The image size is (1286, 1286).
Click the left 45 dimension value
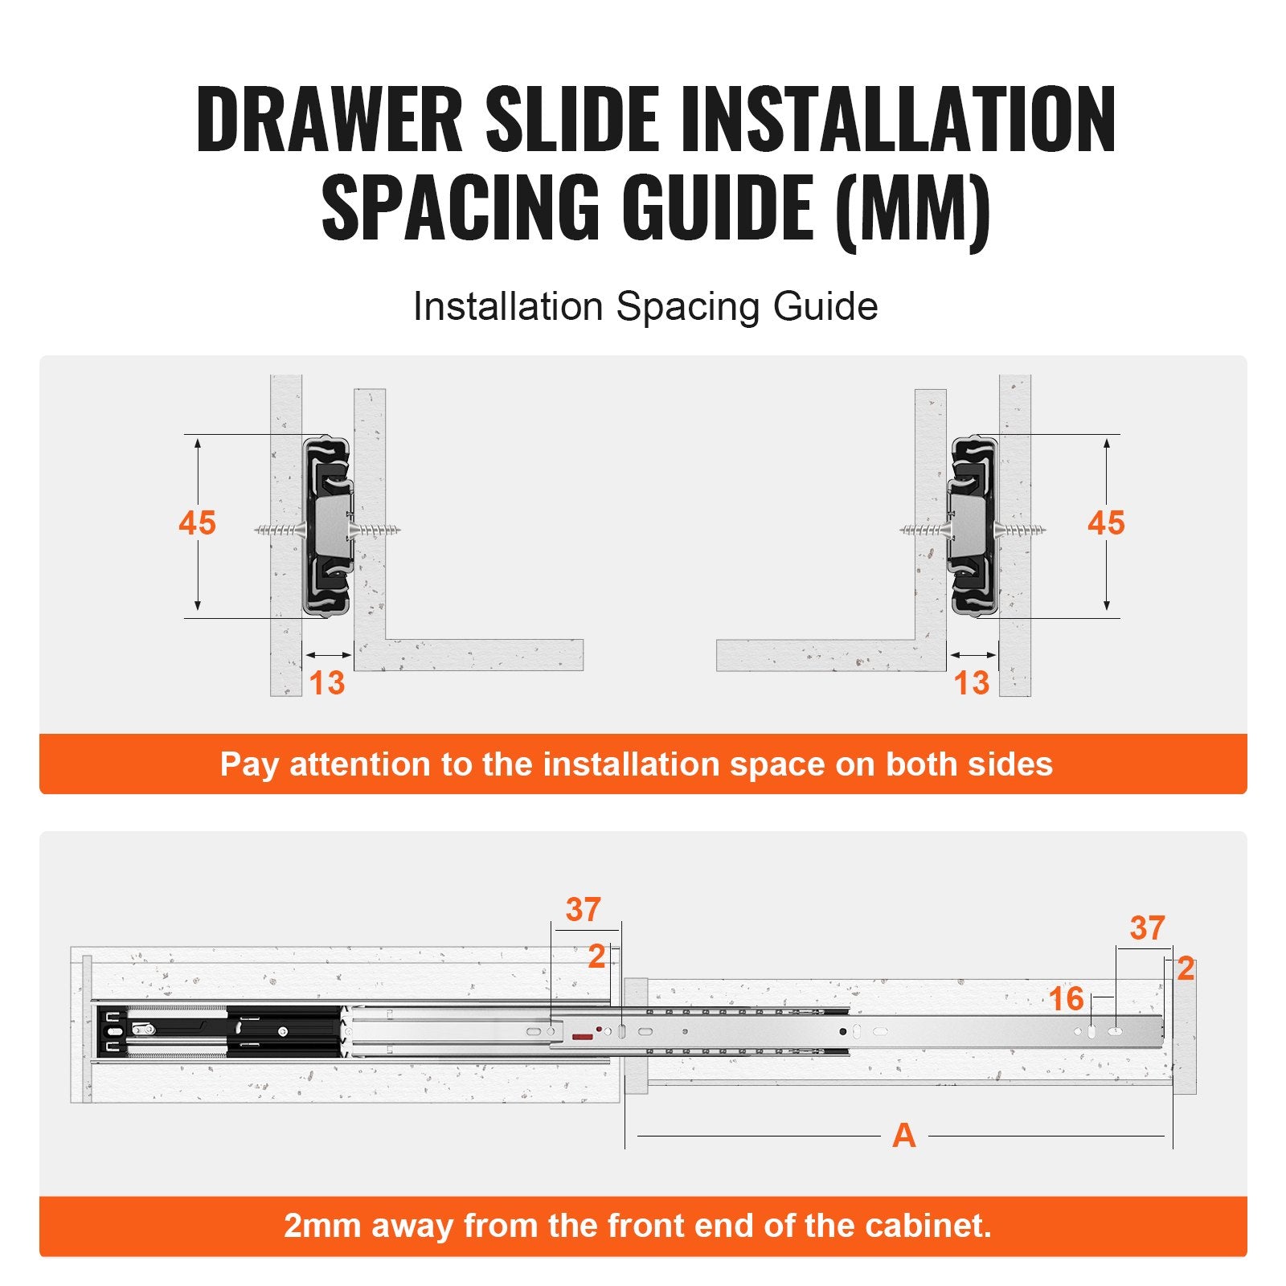click(x=197, y=523)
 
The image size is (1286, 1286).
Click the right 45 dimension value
click(x=1106, y=523)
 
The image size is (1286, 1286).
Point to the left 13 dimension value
click(x=326, y=683)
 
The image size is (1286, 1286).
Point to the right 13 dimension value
click(x=971, y=683)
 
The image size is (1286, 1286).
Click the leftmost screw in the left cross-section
click(x=278, y=530)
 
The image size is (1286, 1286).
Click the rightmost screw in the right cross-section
click(x=1025, y=530)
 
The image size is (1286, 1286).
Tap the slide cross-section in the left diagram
click(x=328, y=526)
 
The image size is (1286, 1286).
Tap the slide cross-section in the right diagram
click(x=973, y=526)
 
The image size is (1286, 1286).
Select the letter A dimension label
click(x=903, y=1136)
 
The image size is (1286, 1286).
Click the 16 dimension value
click(x=1066, y=999)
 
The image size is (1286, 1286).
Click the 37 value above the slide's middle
click(x=583, y=910)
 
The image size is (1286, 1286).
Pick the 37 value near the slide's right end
click(x=1147, y=928)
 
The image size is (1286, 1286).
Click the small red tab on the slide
click(x=583, y=1037)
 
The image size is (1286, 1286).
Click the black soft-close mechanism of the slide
click(x=217, y=1031)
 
